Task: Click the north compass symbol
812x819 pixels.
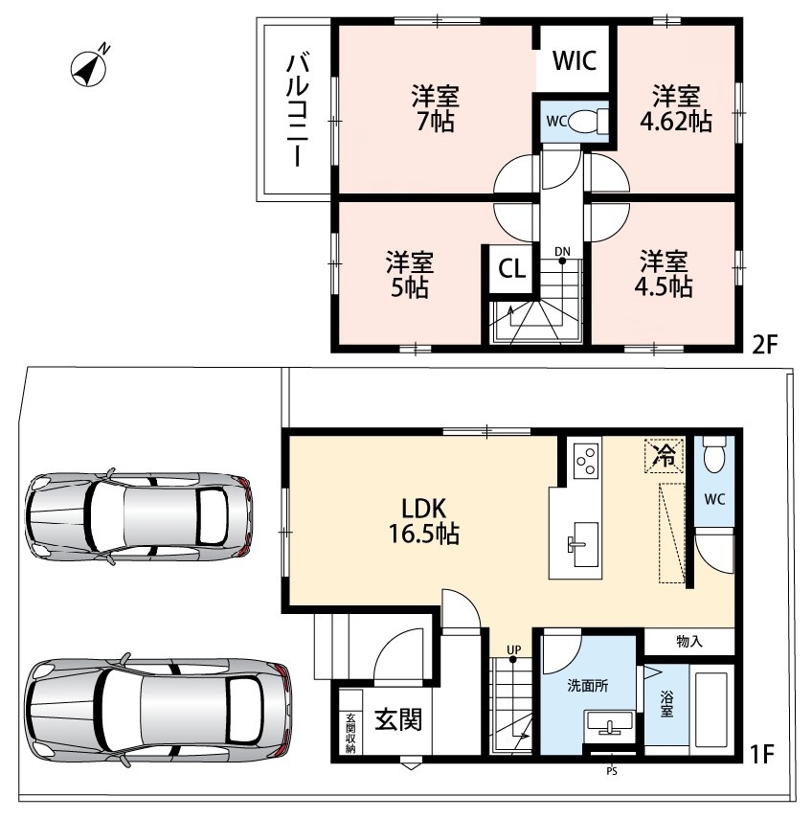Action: pos(89,67)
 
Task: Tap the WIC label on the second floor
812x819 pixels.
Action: pos(575,60)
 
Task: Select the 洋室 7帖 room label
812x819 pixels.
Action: pos(435,108)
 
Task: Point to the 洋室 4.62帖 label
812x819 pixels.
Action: pos(676,108)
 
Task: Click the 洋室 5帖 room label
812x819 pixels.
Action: pos(410,275)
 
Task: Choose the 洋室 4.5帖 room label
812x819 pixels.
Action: pos(665,274)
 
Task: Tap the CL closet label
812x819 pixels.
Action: pos(511,269)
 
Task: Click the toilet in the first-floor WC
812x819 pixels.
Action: pos(714,454)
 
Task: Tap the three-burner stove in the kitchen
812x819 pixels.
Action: pos(586,460)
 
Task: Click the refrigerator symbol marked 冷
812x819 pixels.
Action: pos(665,455)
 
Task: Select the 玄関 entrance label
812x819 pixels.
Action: pos(398,720)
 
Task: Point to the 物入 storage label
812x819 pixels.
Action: pos(689,642)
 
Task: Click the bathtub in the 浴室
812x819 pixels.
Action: pos(711,709)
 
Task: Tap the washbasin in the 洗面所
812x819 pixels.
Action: pos(609,725)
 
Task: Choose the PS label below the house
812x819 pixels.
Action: pos(612,771)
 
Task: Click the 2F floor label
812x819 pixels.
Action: pos(764,344)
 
